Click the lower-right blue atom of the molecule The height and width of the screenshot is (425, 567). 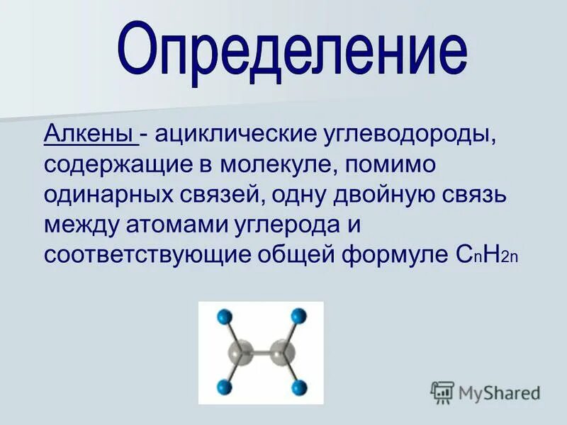[298, 387]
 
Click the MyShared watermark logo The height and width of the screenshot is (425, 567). [486, 392]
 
